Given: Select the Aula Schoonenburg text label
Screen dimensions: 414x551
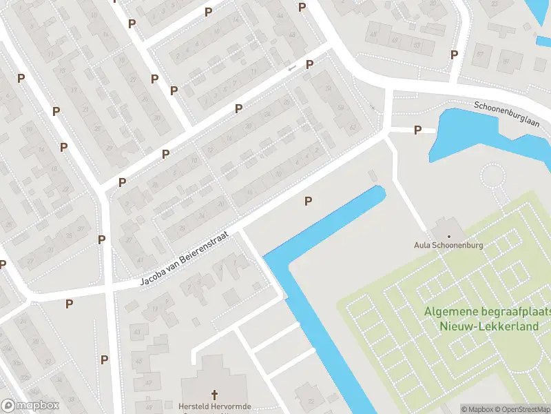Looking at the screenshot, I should (448, 244).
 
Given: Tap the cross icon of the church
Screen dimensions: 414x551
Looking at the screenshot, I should (214, 395).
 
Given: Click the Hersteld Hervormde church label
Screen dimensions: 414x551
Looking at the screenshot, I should (214, 406).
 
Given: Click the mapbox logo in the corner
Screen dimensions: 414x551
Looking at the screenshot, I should (30, 406).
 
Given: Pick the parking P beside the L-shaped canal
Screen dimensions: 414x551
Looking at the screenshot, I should (309, 201).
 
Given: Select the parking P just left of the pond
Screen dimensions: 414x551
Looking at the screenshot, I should (417, 130).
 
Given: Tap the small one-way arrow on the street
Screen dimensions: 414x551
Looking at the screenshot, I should (292, 68).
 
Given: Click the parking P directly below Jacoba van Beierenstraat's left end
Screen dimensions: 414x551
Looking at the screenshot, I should (69, 303).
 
